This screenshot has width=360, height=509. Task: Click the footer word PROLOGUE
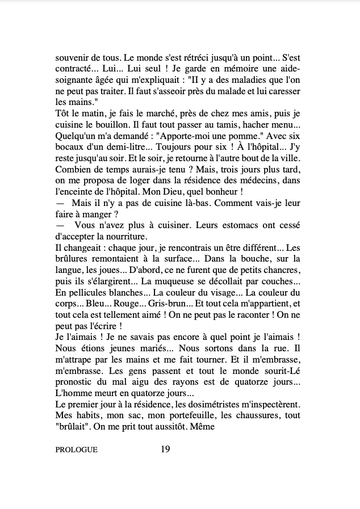pos(77,450)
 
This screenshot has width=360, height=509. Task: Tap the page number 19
pos(165,449)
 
